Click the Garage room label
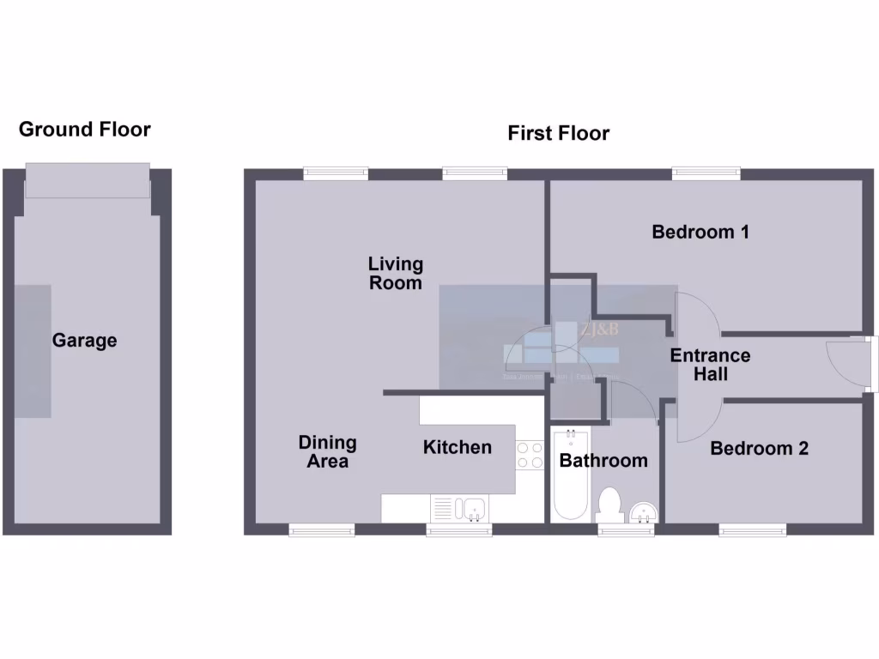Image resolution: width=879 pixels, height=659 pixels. click(x=84, y=341)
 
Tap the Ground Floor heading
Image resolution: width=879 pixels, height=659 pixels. click(x=84, y=130)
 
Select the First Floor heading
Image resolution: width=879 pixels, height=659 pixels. click(x=558, y=134)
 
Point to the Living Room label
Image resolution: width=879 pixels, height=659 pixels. click(x=396, y=274)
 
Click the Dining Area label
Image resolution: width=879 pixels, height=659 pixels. click(x=327, y=452)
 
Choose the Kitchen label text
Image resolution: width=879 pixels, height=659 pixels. click(x=457, y=447)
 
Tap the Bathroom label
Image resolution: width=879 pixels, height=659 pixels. click(x=603, y=461)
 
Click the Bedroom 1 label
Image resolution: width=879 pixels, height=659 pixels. click(x=700, y=232)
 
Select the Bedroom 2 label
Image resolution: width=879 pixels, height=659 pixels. click(x=759, y=448)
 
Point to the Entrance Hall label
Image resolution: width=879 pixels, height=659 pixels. click(x=710, y=365)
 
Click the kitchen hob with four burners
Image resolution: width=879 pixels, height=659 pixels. click(x=530, y=455)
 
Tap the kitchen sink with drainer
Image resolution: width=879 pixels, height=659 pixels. click(x=459, y=509)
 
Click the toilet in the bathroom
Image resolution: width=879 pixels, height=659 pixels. click(x=611, y=505)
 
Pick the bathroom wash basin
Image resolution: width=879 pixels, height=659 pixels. click(x=644, y=512)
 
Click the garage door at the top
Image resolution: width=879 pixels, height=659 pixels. click(x=87, y=179)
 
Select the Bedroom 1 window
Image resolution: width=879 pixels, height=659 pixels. click(x=706, y=173)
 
